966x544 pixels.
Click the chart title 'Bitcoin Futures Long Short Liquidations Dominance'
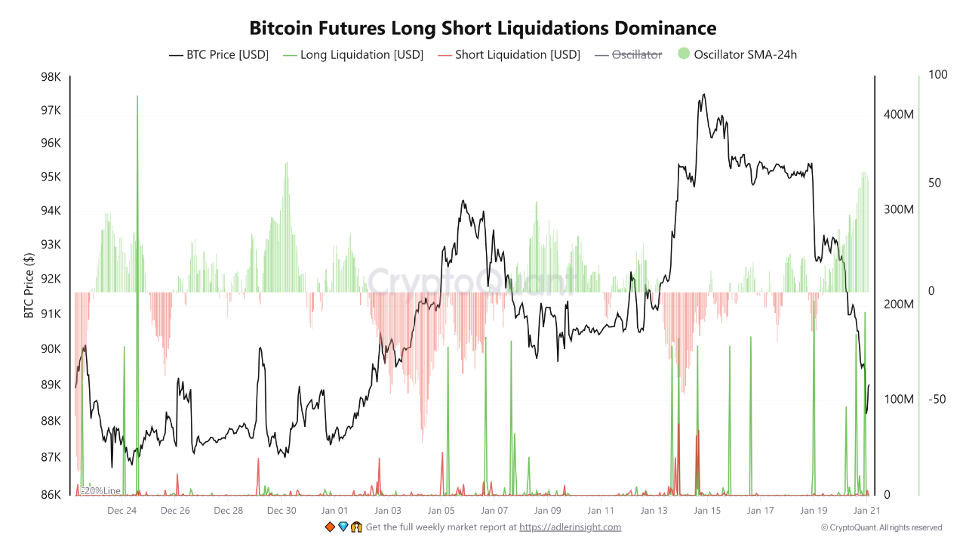point(483,28)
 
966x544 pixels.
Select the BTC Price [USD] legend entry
point(219,54)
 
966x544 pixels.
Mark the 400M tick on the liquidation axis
point(899,115)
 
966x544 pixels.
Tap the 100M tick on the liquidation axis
point(899,399)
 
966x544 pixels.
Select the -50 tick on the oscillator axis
point(937,399)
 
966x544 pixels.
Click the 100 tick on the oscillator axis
point(937,76)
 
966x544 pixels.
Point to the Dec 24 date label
point(122,511)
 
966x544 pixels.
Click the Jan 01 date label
point(334,511)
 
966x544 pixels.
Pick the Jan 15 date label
point(707,511)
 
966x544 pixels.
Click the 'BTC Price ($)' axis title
point(29,286)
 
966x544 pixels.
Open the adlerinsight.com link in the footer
point(570,527)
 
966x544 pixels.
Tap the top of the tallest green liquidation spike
point(137,97)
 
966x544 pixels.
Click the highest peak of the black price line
point(704,94)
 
